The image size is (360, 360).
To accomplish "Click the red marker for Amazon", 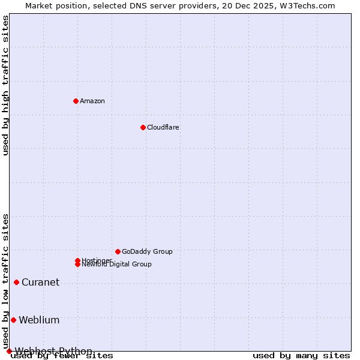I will click(x=76, y=101).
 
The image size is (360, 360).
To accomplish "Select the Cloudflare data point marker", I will click(x=143, y=127).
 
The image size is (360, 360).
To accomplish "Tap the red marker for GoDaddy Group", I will click(x=118, y=251).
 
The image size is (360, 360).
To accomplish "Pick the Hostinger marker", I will click(x=77, y=260).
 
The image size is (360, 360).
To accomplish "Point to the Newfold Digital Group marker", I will click(x=77, y=264).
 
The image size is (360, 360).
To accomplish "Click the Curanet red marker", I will click(x=16, y=282).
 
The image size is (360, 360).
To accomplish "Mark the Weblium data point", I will click(x=13, y=320).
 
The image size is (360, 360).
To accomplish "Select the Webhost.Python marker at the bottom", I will click(x=9, y=351).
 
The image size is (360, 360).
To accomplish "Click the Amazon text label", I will click(x=92, y=101).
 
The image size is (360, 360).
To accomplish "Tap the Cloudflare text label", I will click(x=163, y=127).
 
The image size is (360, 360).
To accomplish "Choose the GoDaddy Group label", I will click(x=147, y=251).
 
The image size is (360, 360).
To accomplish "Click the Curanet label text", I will click(x=40, y=283).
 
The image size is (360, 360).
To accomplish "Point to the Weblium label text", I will click(x=39, y=320).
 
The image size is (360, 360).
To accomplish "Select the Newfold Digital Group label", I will click(x=117, y=265).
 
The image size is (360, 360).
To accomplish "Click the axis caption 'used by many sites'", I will click(x=301, y=356).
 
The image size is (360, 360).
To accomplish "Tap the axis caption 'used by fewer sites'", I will click(x=62, y=356).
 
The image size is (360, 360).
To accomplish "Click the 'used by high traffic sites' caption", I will click(x=5, y=85).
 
